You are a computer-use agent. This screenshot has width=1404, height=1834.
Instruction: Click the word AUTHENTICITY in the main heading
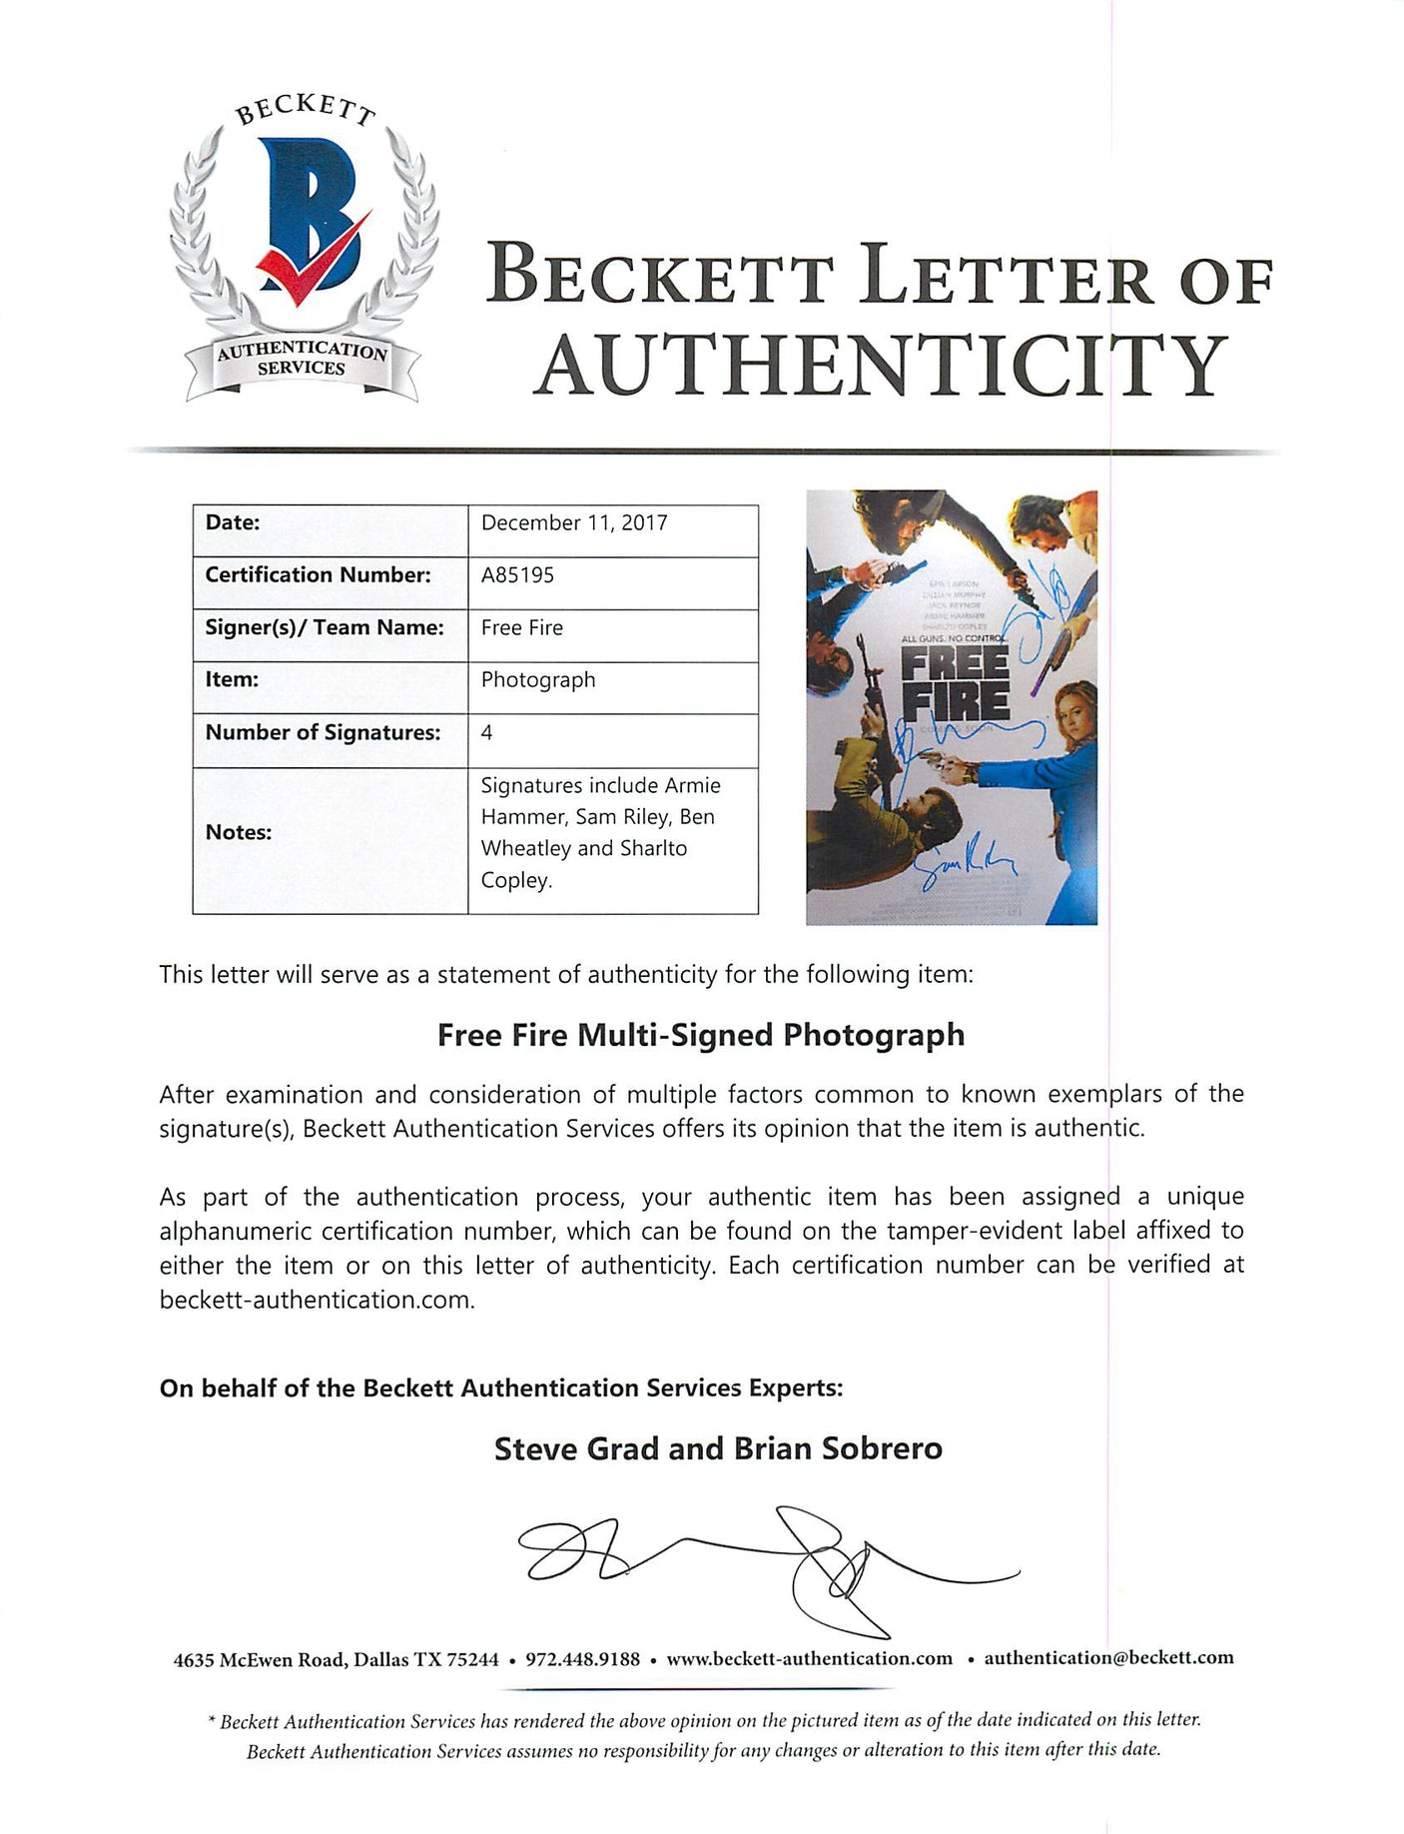pyautogui.click(x=880, y=365)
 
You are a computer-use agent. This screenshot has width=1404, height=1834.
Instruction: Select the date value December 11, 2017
pyautogui.click(x=574, y=522)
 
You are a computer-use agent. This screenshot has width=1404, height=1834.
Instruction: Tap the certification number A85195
pyautogui.click(x=517, y=575)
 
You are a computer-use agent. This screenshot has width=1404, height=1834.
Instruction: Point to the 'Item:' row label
pyautogui.click(x=232, y=679)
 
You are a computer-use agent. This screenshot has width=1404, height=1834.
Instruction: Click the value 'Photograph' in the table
pyautogui.click(x=538, y=680)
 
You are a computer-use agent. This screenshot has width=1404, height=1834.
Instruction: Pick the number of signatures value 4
pyautogui.click(x=486, y=732)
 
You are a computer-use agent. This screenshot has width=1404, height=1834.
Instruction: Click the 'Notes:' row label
pyautogui.click(x=238, y=832)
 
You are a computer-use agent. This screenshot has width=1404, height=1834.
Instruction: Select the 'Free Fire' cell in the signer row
pyautogui.click(x=522, y=627)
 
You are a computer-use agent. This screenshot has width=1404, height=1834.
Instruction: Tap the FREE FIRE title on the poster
pyautogui.click(x=955, y=684)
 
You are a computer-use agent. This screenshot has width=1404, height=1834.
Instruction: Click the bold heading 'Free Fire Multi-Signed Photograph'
pyautogui.click(x=701, y=1035)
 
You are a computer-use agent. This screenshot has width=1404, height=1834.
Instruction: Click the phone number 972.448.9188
pyautogui.click(x=582, y=1659)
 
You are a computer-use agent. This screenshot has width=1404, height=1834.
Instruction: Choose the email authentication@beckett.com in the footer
pyautogui.click(x=1108, y=1658)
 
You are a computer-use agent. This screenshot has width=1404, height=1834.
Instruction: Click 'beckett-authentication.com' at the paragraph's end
pyautogui.click(x=317, y=1300)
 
